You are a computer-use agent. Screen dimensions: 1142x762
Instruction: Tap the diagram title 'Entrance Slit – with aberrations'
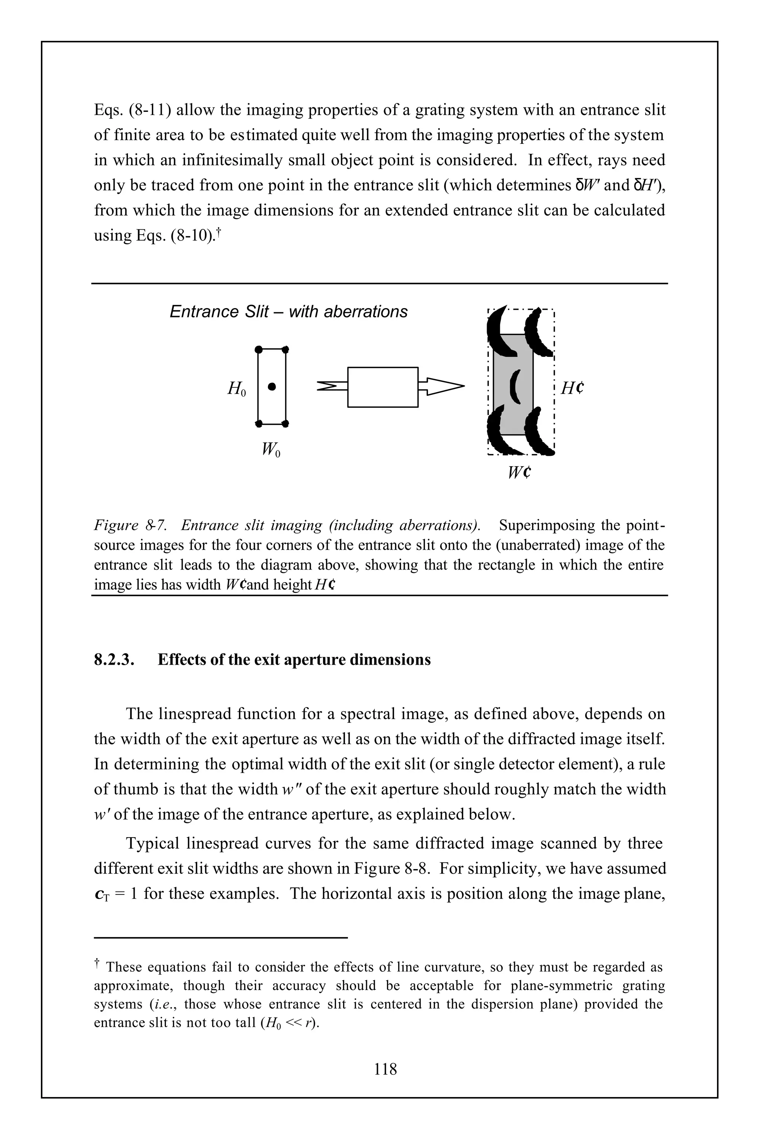click(x=289, y=312)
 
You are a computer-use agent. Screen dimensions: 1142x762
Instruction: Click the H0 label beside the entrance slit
click(x=237, y=388)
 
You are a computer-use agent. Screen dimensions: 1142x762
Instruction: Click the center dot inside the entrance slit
click(x=272, y=387)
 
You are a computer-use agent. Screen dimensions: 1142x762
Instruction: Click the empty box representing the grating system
click(x=382, y=387)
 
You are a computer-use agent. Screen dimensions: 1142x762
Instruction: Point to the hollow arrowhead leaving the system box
click(x=445, y=387)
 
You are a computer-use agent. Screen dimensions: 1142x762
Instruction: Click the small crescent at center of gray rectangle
click(x=515, y=387)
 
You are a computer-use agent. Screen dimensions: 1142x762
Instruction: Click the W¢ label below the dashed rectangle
click(x=519, y=472)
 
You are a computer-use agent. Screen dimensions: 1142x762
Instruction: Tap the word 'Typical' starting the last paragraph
click(x=152, y=843)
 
